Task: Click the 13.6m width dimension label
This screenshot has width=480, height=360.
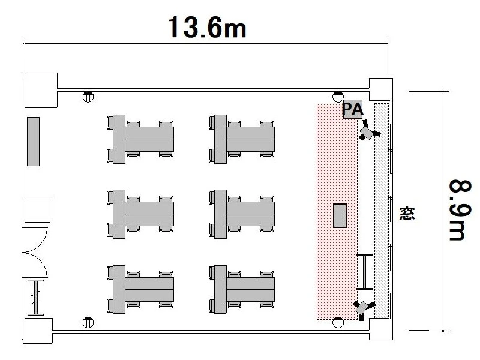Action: (207, 27)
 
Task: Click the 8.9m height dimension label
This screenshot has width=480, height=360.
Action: (460, 211)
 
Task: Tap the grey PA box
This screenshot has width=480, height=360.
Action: (353, 109)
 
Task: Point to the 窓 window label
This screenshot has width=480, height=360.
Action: (407, 214)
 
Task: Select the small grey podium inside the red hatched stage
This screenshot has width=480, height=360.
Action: (340, 215)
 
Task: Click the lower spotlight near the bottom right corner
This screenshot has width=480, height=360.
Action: (364, 308)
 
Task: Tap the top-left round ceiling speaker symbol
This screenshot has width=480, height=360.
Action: (88, 97)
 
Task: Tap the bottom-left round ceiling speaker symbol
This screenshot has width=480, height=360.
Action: (88, 322)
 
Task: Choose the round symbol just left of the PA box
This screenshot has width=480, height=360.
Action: (338, 97)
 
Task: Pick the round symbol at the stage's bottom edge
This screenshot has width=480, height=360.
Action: (338, 322)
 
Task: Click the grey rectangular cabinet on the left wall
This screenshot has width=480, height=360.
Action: (33, 142)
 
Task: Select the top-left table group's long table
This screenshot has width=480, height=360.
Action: (149, 139)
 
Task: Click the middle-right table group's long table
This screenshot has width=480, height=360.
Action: (250, 214)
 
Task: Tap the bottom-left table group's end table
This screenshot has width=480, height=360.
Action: (119, 289)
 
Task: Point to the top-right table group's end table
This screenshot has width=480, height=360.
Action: (220, 139)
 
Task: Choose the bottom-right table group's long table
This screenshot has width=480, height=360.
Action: (250, 289)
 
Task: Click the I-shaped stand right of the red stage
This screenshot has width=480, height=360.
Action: (365, 272)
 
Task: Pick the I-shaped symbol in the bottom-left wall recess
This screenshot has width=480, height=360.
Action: (36, 297)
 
